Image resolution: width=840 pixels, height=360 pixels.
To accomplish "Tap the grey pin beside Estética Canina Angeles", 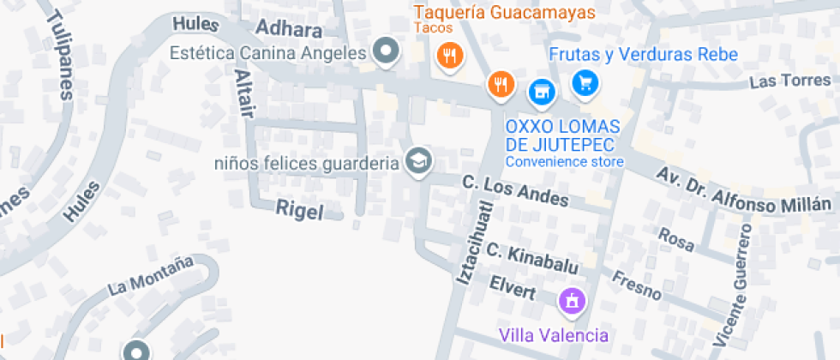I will click(387, 52).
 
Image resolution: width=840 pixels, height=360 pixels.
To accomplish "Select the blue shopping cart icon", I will click(586, 83).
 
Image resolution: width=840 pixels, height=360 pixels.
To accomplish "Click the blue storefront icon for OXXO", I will click(540, 90).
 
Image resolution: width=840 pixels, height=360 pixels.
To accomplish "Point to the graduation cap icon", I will click(418, 160).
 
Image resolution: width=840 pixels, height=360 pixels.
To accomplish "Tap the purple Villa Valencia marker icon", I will click(571, 301).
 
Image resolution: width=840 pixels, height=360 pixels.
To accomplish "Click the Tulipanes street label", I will click(60, 56).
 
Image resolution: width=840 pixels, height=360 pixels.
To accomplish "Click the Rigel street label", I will click(300, 210).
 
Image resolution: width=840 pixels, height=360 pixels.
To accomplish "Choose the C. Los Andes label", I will click(515, 190).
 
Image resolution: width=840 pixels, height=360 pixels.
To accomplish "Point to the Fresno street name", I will click(636, 285).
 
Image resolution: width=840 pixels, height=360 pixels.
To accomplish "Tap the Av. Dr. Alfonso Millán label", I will click(744, 189).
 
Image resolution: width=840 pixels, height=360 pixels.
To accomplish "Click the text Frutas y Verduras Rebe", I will click(643, 55).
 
